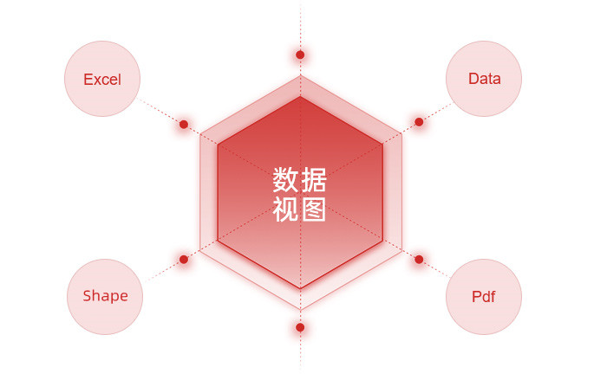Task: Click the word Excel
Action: click(102, 80)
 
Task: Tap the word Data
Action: click(484, 79)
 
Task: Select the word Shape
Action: click(105, 296)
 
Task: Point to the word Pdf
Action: click(484, 297)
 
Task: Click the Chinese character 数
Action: click(285, 180)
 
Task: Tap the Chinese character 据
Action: click(314, 180)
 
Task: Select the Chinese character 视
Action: click(285, 209)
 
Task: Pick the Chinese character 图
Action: click(314, 209)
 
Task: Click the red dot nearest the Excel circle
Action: click(184, 125)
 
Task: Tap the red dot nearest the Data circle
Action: click(419, 122)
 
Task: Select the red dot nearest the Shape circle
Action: click(184, 260)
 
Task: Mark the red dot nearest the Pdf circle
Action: click(419, 260)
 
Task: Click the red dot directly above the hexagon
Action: click(300, 55)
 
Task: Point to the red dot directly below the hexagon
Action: click(300, 327)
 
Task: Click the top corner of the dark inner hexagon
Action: click(300, 97)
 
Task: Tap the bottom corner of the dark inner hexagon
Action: click(300, 288)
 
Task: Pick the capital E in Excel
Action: click(88, 80)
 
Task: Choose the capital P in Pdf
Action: click(477, 297)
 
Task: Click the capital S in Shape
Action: click(88, 296)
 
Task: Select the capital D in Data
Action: click(473, 79)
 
